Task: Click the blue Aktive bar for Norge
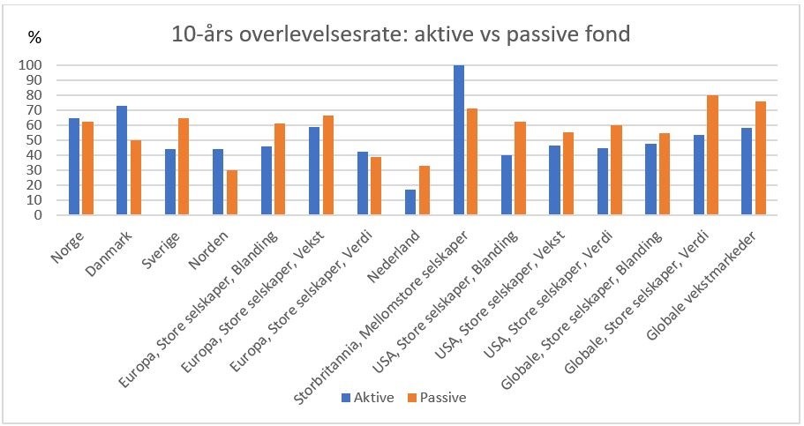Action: pos(74,166)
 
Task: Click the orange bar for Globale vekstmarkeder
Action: pos(762,158)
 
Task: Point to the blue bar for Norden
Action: pos(218,182)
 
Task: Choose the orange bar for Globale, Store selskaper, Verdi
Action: pos(712,154)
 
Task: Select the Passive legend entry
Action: pos(436,397)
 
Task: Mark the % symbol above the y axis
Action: pos(34,38)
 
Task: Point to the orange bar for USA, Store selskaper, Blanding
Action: pos(520,168)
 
